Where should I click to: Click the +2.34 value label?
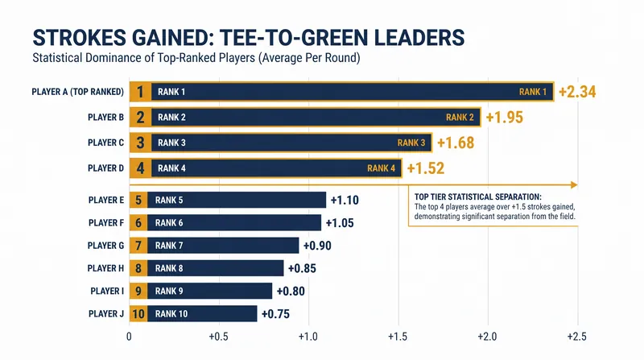[577, 92]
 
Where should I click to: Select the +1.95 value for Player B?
[505, 117]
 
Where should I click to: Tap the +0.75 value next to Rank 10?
[275, 314]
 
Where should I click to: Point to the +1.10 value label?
[345, 201]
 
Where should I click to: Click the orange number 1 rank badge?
[140, 92]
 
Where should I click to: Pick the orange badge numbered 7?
[138, 246]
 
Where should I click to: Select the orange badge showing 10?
[138, 314]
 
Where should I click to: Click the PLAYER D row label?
[105, 168]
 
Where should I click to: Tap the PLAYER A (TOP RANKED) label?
[77, 92]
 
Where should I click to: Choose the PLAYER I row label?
[107, 291]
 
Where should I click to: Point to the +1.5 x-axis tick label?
[398, 337]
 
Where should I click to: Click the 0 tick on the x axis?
[129, 337]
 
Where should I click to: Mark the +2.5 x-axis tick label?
[576, 337]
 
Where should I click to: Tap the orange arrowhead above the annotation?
[574, 185]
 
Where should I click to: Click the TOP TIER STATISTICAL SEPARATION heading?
[477, 197]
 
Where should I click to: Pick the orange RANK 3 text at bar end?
[411, 143]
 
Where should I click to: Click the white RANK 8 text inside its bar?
[169, 268]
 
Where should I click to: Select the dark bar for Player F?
[234, 223]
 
